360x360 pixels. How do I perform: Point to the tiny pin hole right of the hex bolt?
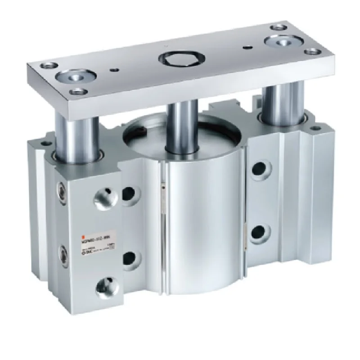point(246,47)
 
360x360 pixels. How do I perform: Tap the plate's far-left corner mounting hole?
point(47,64)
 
